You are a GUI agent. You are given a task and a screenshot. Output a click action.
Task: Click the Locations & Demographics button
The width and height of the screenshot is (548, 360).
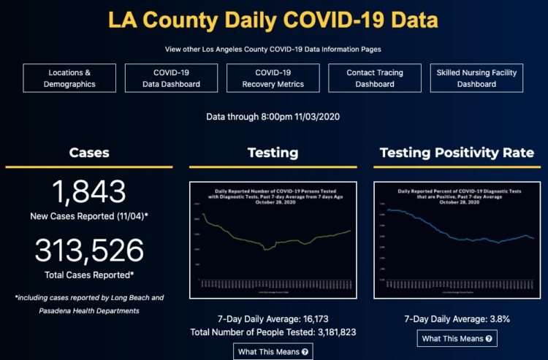pos(69,78)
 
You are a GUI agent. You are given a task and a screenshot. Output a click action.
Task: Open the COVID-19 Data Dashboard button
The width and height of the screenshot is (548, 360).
pos(172,78)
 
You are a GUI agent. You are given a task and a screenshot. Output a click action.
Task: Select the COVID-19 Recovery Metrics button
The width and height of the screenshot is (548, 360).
pos(273,78)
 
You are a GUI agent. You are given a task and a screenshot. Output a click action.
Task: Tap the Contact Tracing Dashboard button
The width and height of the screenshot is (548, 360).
pos(374,78)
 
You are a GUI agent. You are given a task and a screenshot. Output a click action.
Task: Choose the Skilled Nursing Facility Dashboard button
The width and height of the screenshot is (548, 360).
pos(476,78)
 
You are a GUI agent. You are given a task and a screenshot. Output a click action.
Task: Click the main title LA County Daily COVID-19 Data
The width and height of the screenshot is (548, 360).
pos(273,19)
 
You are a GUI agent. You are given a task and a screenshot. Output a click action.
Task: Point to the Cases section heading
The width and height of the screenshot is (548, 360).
pos(89,153)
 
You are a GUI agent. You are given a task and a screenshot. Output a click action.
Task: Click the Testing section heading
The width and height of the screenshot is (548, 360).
pos(273,153)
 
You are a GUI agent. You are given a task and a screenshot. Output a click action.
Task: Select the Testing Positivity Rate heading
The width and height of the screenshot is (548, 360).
pos(457,153)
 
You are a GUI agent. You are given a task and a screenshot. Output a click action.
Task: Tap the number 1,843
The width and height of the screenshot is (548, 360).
pos(89,191)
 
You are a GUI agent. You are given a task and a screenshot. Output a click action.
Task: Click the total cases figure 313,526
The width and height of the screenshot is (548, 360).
pos(89,250)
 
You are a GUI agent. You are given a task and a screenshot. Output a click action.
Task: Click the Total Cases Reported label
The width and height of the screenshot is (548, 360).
pos(89,274)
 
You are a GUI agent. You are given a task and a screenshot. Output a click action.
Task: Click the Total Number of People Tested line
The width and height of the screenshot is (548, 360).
pos(273,333)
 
